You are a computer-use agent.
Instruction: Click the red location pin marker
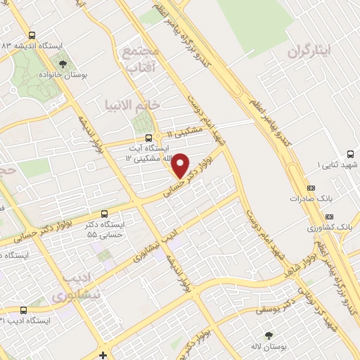pos(181,165)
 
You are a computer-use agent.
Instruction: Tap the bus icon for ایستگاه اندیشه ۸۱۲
pos(31,34)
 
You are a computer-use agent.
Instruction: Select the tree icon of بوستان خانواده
pos(63,63)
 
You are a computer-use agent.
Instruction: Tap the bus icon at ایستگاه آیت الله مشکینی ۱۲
pos(148,139)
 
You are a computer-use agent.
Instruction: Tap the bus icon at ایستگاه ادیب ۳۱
pos(24,309)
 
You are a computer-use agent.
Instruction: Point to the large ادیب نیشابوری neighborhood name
pos(77,286)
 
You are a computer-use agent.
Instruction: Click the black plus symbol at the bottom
pos(103,355)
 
